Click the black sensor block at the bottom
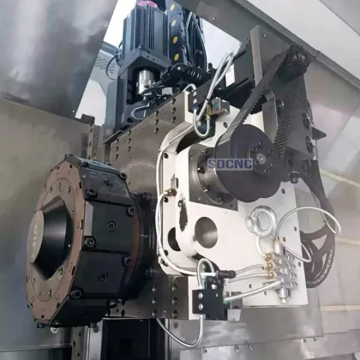tap(209, 299)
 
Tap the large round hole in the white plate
tap(206, 231)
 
